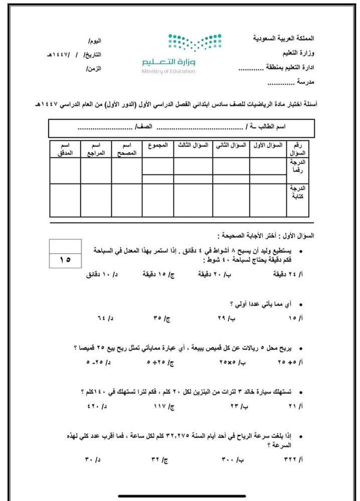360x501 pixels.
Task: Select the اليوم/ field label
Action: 94,40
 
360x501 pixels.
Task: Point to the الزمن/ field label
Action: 94,69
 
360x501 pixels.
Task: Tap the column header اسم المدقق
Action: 65,149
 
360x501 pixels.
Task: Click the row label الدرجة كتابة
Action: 298,193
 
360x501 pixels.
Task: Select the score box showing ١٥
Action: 66,260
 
